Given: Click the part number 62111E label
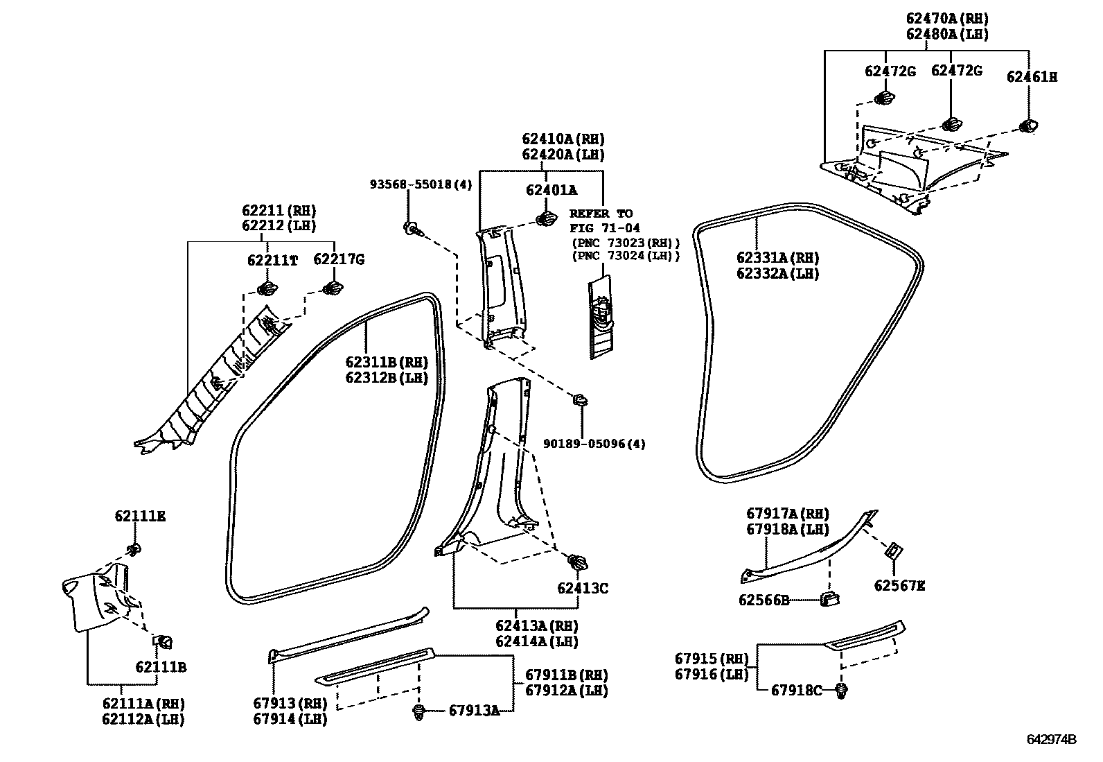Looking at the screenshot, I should coord(140,517).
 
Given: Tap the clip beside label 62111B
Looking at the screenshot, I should coord(165,641).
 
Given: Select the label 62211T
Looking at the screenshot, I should coord(272,260).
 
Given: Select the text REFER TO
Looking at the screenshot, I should coord(601,214).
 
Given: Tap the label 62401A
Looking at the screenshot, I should coord(551,190).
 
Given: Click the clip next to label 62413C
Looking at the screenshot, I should coord(576,561).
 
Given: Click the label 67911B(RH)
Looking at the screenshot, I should coord(566,675).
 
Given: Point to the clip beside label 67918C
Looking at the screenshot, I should coord(842,690).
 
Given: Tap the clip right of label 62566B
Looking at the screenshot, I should coord(829,598).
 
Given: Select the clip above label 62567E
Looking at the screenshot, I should coord(894,552).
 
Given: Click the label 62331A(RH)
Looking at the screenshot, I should coord(777,258).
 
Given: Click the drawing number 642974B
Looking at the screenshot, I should coord(1051,739).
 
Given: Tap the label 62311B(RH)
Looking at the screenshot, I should coord(386,362).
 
